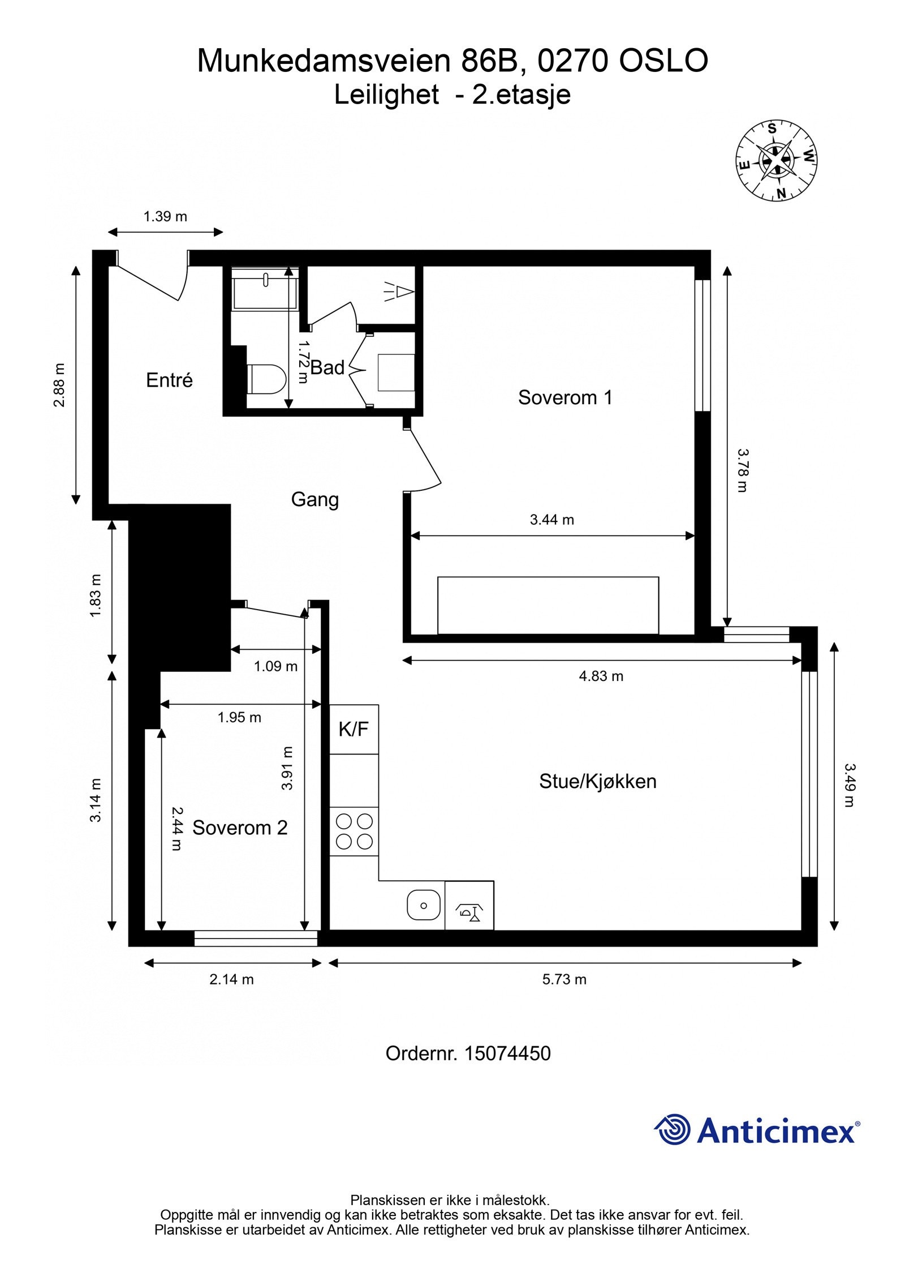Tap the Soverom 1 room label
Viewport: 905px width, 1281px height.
click(565, 397)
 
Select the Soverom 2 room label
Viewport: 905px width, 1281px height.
click(240, 828)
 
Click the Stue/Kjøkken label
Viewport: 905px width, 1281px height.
click(598, 782)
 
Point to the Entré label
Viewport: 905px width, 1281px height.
click(169, 380)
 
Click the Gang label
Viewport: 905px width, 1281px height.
click(315, 500)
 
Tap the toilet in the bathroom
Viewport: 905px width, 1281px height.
click(266, 379)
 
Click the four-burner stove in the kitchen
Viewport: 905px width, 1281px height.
click(354, 832)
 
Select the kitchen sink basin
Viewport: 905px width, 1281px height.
click(424, 905)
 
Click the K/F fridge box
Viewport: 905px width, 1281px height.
click(354, 729)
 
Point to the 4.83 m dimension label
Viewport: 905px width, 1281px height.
click(601, 676)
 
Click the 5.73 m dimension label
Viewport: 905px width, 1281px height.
click(564, 979)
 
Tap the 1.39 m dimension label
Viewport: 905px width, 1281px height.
click(165, 216)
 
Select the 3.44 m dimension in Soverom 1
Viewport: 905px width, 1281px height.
click(552, 520)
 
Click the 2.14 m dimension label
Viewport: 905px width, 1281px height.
click(232, 979)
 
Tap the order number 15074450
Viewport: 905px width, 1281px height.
click(507, 1053)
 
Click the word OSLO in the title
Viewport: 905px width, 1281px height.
click(663, 61)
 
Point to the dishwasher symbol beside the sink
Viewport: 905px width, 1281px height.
click(469, 905)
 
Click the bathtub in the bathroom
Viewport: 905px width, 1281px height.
click(265, 288)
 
